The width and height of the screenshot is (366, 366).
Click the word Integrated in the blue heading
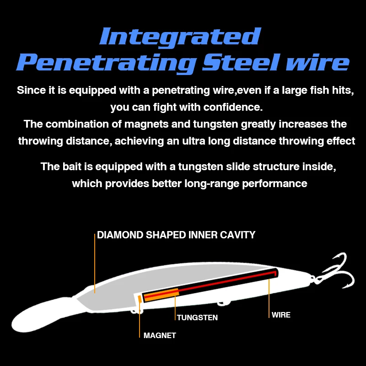180,37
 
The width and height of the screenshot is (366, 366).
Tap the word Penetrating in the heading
106,63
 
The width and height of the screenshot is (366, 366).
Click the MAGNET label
160,335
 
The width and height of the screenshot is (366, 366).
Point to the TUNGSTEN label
197,318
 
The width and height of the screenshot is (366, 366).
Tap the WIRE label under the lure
281,315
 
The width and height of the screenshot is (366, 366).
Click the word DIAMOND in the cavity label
120,235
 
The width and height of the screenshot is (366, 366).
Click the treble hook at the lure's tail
336,272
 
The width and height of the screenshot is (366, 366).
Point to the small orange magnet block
140,299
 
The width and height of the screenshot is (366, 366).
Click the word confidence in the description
233,107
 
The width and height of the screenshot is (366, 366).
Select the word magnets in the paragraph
146,124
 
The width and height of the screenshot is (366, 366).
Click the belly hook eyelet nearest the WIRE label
224,303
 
